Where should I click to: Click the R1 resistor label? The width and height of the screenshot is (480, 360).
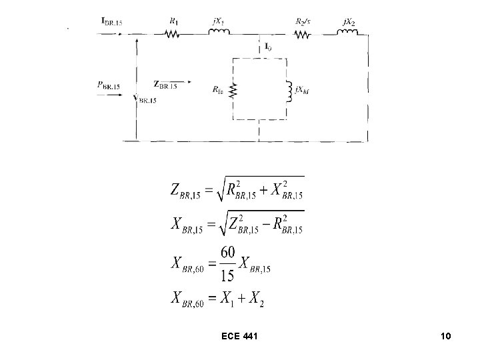click(173, 21)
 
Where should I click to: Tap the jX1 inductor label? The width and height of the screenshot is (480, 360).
click(218, 21)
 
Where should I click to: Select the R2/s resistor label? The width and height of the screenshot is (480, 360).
click(303, 21)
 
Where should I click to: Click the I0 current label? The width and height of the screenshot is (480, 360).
click(267, 46)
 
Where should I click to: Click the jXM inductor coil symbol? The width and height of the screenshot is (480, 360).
click(289, 92)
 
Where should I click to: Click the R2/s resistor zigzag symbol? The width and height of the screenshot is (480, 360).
click(303, 33)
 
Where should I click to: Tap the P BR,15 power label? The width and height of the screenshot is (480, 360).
click(108, 85)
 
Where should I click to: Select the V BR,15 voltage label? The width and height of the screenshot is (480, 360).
click(145, 99)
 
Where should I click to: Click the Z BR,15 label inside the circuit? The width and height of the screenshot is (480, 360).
click(165, 84)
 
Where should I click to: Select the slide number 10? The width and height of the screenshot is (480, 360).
click(445, 338)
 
